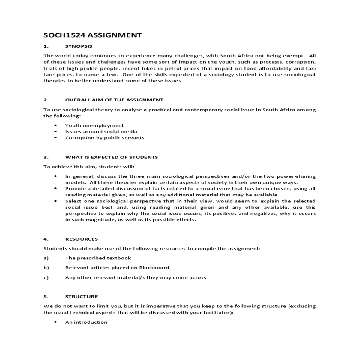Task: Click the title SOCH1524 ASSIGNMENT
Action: (x=92, y=35)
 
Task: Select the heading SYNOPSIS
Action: (x=79, y=46)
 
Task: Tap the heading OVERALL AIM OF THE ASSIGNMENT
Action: (x=114, y=100)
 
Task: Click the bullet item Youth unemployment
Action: (x=94, y=125)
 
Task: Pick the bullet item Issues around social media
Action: (x=101, y=131)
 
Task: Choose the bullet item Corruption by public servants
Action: (x=105, y=138)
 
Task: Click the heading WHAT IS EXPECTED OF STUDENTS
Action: (x=111, y=157)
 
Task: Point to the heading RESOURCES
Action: (x=82, y=239)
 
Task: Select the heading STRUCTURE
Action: (x=82, y=297)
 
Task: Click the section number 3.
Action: (x=46, y=157)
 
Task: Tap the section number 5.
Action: (x=46, y=297)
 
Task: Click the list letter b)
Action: (x=46, y=268)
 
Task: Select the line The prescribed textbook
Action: (x=98, y=258)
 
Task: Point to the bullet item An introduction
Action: (x=86, y=322)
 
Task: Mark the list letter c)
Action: (x=46, y=277)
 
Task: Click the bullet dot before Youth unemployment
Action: (x=55, y=125)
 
